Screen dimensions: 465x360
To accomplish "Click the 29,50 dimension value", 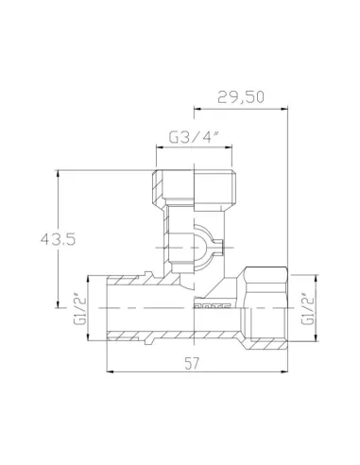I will (241, 96).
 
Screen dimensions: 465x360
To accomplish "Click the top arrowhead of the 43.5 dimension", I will (59, 174).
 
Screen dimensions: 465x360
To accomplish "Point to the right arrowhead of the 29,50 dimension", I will (284, 108).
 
